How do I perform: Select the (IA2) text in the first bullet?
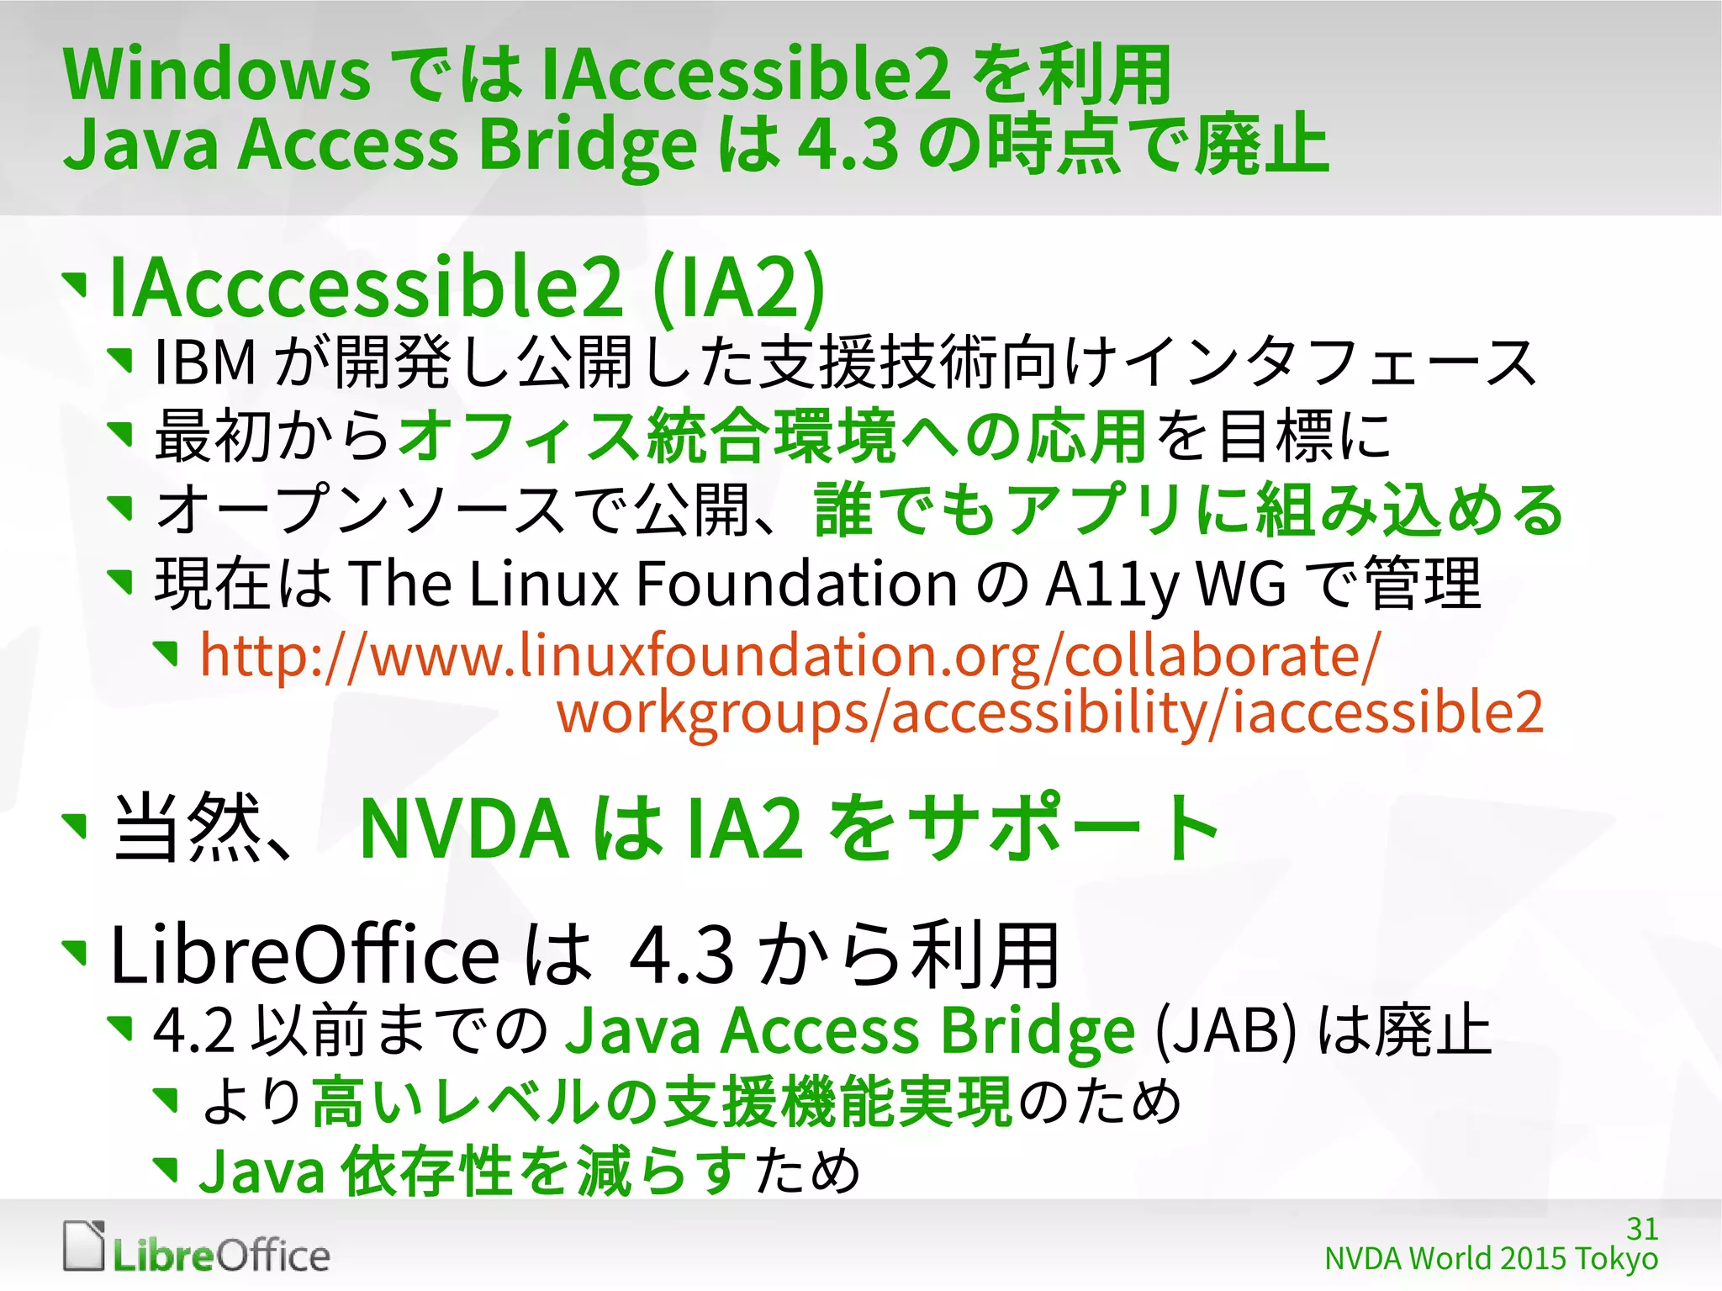[x=738, y=288]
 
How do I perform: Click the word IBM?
[x=205, y=362]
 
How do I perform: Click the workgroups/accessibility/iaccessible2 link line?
[x=1049, y=713]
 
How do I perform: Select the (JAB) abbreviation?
[x=1226, y=1031]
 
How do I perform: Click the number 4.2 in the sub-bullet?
[x=193, y=1031]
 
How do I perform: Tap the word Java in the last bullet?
[x=261, y=1172]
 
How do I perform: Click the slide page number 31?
[x=1641, y=1229]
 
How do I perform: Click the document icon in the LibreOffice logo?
[x=84, y=1246]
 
